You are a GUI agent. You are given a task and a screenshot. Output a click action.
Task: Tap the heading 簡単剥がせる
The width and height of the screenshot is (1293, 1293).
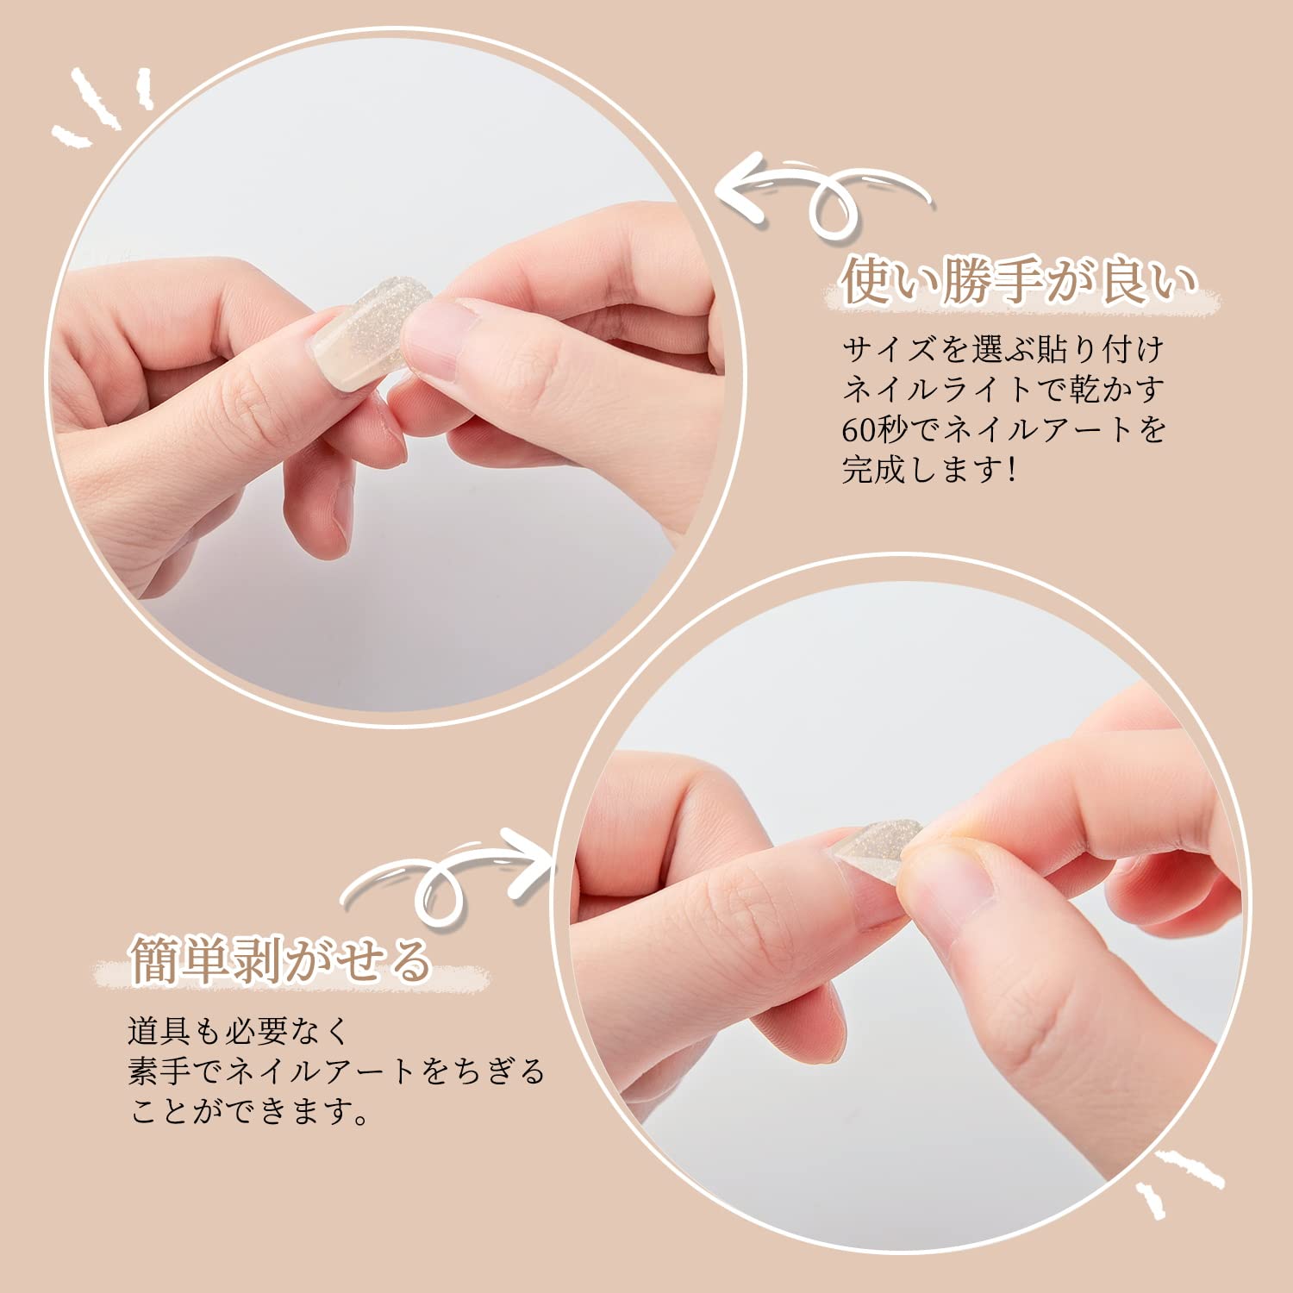281,959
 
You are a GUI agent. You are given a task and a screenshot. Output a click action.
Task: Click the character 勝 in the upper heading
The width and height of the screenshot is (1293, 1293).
970,281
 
